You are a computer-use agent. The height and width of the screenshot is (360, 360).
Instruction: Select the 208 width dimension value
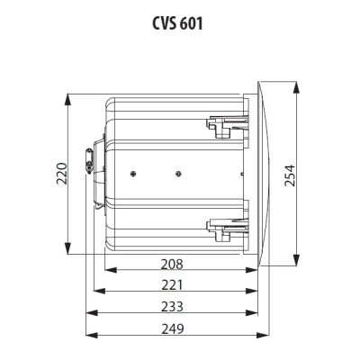tap(172, 265)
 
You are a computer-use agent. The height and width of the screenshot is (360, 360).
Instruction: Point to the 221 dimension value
tap(172, 286)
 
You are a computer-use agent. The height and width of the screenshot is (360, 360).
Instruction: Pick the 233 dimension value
tap(172, 308)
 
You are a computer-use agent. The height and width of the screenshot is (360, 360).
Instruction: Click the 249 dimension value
tap(172, 330)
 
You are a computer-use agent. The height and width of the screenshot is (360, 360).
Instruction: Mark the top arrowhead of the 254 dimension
tap(300, 83)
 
